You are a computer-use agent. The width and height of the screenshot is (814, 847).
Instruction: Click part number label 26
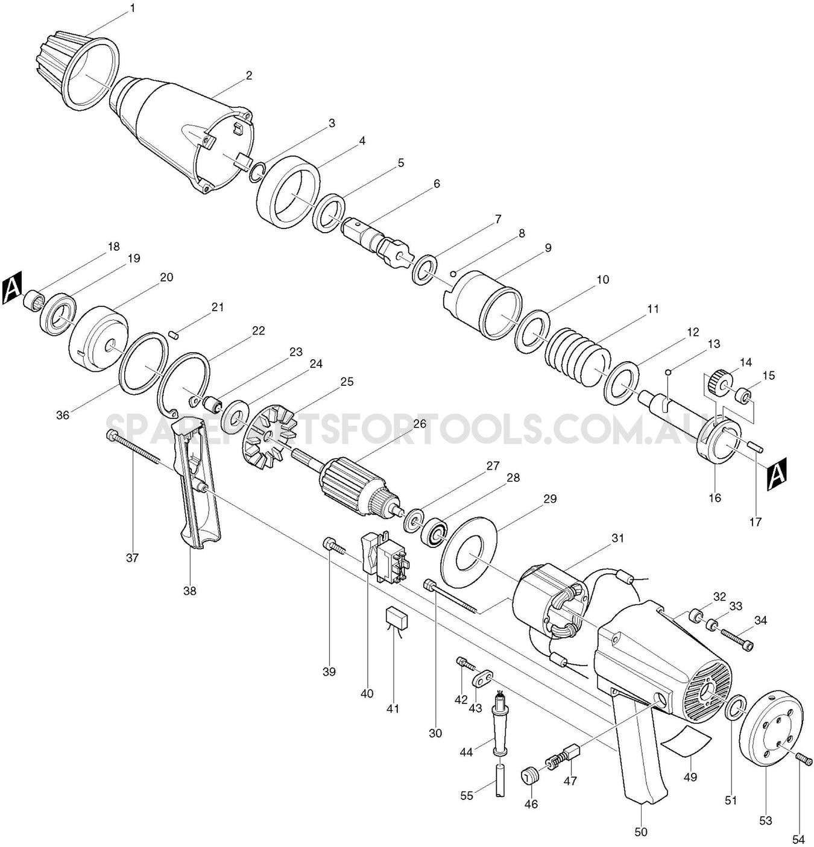click(420, 424)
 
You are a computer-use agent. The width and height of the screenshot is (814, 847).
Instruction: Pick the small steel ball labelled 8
click(459, 270)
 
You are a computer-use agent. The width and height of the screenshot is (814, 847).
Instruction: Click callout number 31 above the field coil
click(618, 538)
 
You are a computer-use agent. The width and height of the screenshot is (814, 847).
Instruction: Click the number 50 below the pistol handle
click(641, 832)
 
